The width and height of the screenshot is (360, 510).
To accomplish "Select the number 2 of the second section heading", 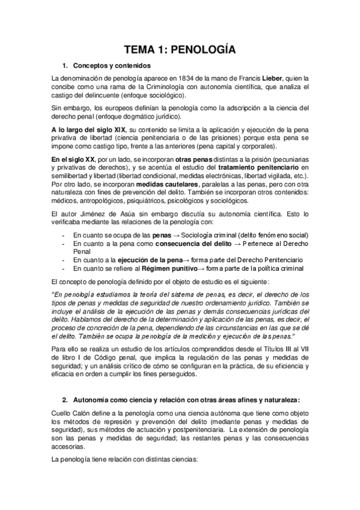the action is click(x=64, y=399).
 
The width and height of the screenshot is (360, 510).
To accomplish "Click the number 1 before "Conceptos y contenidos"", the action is click(x=64, y=65).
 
